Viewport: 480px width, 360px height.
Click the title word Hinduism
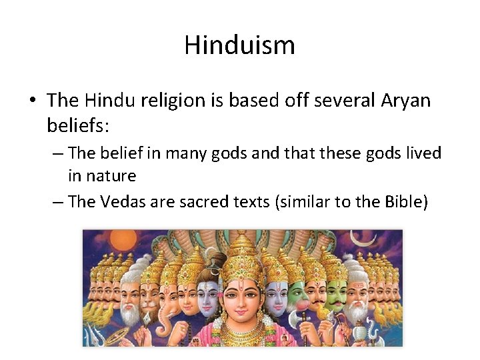coord(239,45)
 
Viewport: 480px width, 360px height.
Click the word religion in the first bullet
coord(183,101)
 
